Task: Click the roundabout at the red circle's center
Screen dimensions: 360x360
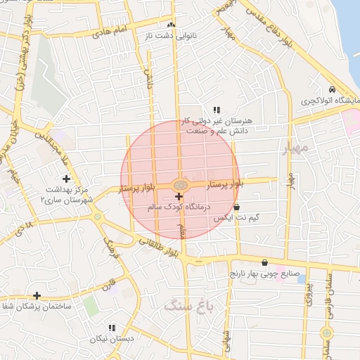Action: tap(181, 185)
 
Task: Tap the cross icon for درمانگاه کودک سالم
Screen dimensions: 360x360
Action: tap(178, 195)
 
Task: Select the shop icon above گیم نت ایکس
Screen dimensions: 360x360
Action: tap(236, 207)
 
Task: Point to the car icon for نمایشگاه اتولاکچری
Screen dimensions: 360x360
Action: tap(331, 90)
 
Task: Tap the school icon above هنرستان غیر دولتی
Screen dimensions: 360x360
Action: tap(216, 110)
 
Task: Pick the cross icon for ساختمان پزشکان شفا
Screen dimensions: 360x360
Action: tap(37, 296)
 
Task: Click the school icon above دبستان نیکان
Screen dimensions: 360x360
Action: tap(111, 328)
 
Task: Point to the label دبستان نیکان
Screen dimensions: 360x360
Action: tap(111, 339)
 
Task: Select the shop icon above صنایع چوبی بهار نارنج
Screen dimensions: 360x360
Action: tap(264, 262)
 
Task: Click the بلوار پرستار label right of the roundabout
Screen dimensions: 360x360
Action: tap(226, 183)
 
